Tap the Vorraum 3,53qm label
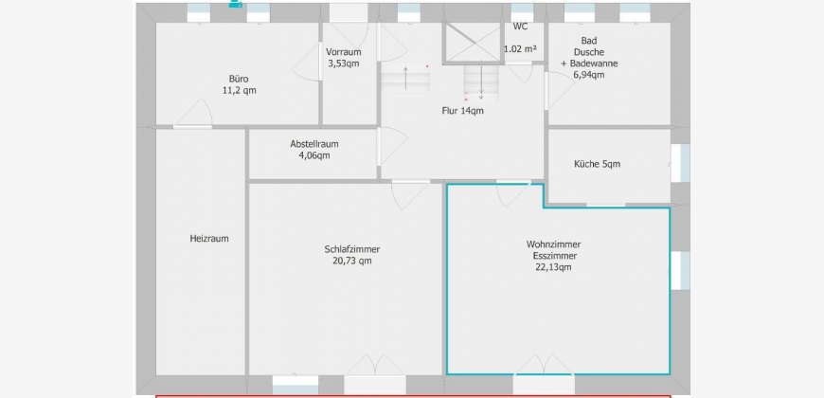tap(344, 57)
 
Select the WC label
tap(520, 27)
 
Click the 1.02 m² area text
tap(520, 49)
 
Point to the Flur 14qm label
tap(462, 111)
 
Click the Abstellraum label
tap(314, 143)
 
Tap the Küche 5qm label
tap(597, 164)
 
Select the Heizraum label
tap(209, 238)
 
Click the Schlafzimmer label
tap(352, 249)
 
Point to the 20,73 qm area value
tap(352, 261)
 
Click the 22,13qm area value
tap(553, 267)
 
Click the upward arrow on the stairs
tap(405, 79)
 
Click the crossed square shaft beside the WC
tap(473, 43)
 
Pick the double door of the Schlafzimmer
tap(374, 365)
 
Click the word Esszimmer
tap(553, 256)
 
